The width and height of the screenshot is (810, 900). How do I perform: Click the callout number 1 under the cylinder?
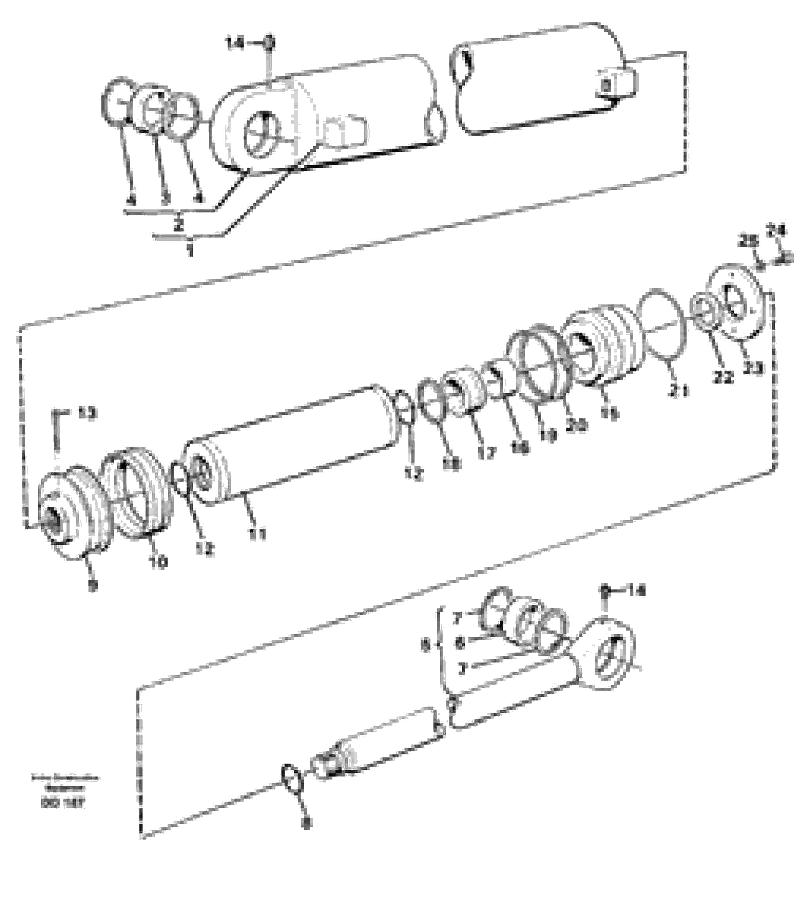coord(190,251)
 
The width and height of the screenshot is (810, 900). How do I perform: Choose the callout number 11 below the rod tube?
coord(257,534)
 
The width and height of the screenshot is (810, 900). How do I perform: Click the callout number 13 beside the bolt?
coord(87,414)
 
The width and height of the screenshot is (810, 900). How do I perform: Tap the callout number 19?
coord(549,437)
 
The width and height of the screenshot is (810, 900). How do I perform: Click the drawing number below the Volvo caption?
coord(63,803)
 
